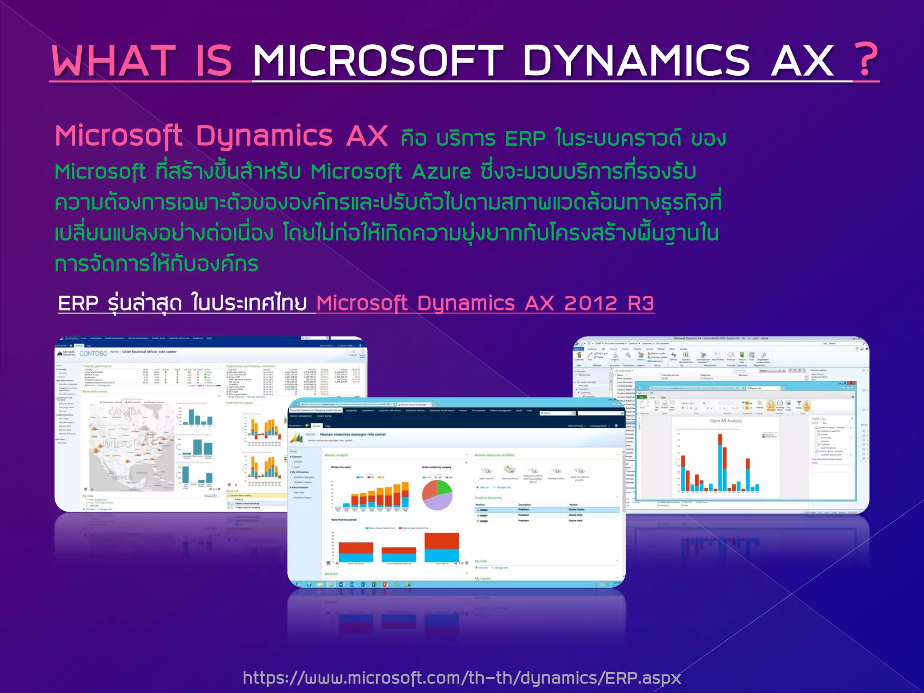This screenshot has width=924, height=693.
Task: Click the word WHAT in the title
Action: pyautogui.click(x=113, y=61)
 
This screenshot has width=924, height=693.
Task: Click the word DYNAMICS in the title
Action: pyautogui.click(x=636, y=61)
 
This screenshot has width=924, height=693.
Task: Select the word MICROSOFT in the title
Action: pyautogui.click(x=377, y=61)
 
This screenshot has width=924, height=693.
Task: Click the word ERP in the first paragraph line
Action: pyautogui.click(x=525, y=139)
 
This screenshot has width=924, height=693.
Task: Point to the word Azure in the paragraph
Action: pyautogui.click(x=441, y=172)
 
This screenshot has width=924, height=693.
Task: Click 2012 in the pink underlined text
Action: pyautogui.click(x=591, y=303)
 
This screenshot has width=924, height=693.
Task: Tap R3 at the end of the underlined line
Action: pyautogui.click(x=641, y=303)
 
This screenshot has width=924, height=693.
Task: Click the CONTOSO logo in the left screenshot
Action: pyautogui.click(x=93, y=353)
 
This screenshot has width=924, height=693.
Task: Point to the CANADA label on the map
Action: pyautogui.click(x=125, y=412)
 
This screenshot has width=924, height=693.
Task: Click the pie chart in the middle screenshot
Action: pyautogui.click(x=437, y=495)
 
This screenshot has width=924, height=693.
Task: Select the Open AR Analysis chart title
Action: pyautogui.click(x=725, y=420)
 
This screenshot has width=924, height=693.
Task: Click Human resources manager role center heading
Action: pyautogui.click(x=353, y=434)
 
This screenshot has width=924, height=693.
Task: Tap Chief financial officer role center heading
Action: pyautogui.click(x=149, y=351)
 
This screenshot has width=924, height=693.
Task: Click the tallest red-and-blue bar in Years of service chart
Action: pyautogui.click(x=441, y=547)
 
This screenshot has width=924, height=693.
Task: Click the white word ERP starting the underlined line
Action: pyautogui.click(x=78, y=303)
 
